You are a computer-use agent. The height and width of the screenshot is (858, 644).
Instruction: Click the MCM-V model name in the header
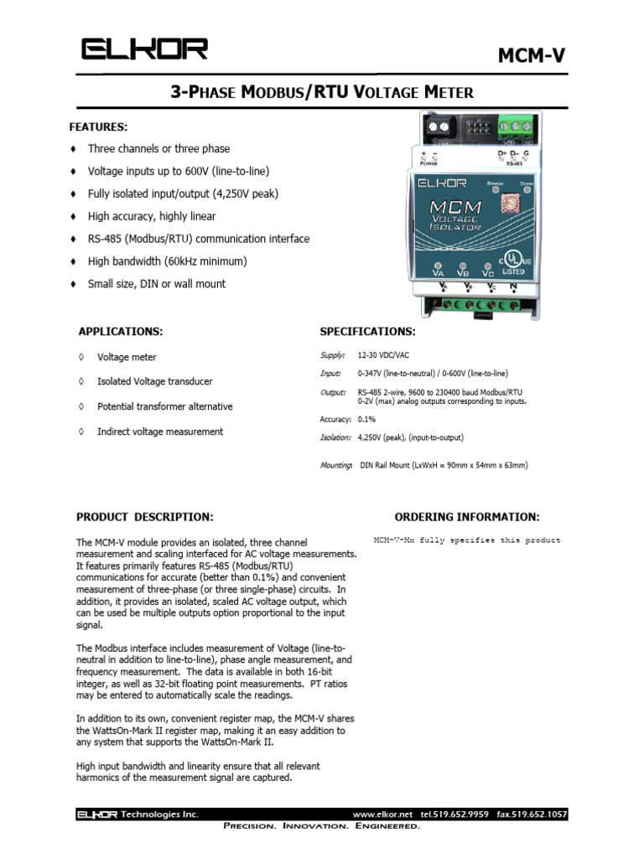[x=532, y=55]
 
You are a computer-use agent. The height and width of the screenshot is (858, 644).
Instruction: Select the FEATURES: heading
[x=98, y=127]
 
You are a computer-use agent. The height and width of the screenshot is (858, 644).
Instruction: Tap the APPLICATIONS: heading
[x=121, y=331]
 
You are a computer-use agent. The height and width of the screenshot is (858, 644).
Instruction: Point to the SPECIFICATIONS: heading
[x=367, y=331]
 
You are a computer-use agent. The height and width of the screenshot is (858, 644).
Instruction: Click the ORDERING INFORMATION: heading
[x=467, y=517]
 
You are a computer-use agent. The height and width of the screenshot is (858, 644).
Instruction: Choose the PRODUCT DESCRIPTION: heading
[x=145, y=517]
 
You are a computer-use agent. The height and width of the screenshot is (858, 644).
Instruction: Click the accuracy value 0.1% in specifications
[x=366, y=418]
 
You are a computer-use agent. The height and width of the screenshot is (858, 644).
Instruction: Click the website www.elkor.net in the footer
[x=383, y=814]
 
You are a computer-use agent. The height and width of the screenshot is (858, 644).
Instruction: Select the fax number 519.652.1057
[x=532, y=814]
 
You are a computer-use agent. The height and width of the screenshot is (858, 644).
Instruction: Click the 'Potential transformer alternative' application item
[x=165, y=406]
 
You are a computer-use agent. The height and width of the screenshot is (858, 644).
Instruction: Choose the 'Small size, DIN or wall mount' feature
[x=157, y=284]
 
